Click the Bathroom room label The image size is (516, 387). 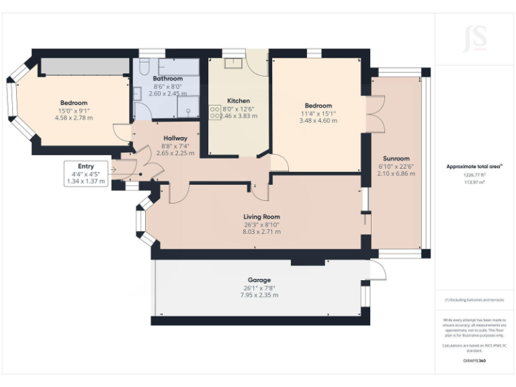(x=167, y=79)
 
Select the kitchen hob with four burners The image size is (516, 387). (x=216, y=112)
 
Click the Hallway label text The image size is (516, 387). (x=175, y=139)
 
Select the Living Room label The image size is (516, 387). (x=261, y=217)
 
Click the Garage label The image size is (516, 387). (x=259, y=280)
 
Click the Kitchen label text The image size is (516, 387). (x=239, y=101)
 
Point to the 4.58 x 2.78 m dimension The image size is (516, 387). (x=74, y=118)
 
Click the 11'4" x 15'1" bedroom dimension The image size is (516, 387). (x=318, y=114)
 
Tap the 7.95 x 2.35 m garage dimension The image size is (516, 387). (x=259, y=295)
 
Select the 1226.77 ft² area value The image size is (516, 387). (x=466, y=175)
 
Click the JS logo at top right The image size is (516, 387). (x=475, y=38)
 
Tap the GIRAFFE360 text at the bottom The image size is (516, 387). (x=474, y=361)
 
